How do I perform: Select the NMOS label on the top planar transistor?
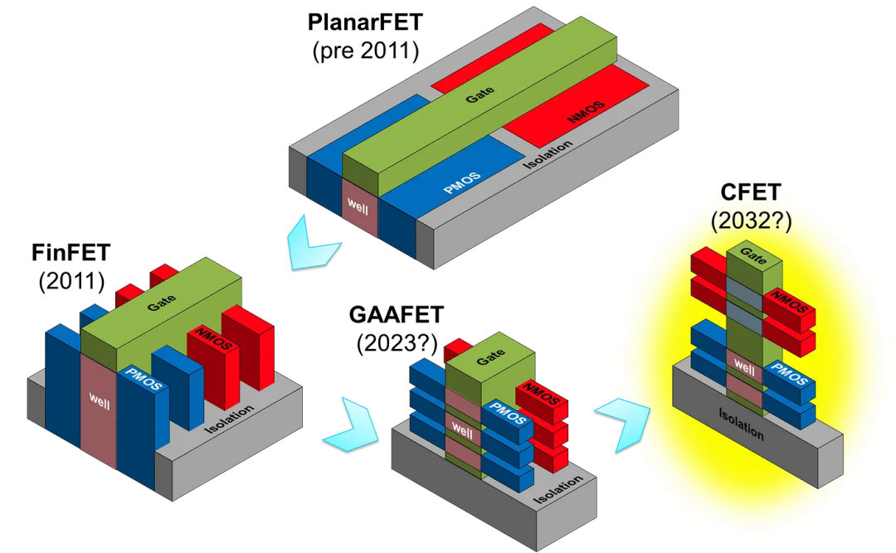tap(586, 112)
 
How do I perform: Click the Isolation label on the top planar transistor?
tap(548, 155)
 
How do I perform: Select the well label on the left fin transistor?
tap(99, 395)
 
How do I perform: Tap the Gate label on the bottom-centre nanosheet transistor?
tap(490, 358)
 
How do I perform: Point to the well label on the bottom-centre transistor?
tap(462, 431)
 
